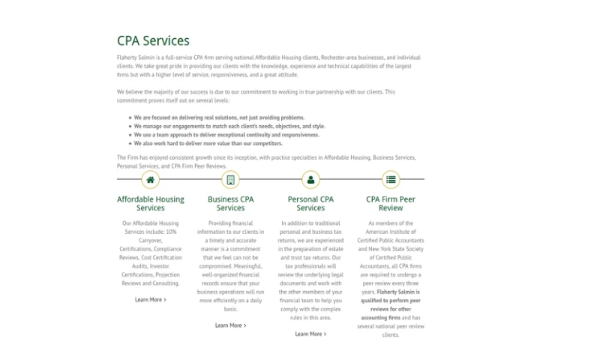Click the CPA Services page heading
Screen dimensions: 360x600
click(x=153, y=40)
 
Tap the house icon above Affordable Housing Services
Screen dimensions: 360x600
click(x=151, y=179)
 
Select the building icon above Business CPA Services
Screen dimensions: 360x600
click(x=230, y=179)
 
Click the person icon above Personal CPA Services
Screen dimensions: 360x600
click(x=310, y=179)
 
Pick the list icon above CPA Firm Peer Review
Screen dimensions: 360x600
click(x=391, y=179)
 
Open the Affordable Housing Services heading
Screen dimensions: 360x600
click(x=151, y=203)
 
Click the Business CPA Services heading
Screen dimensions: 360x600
click(x=230, y=203)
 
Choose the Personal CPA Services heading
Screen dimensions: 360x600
click(x=310, y=203)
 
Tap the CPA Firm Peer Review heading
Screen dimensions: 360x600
click(x=391, y=203)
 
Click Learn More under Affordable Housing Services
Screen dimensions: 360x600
click(x=151, y=299)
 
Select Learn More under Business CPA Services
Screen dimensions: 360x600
click(x=230, y=325)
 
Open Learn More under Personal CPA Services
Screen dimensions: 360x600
click(x=310, y=334)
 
